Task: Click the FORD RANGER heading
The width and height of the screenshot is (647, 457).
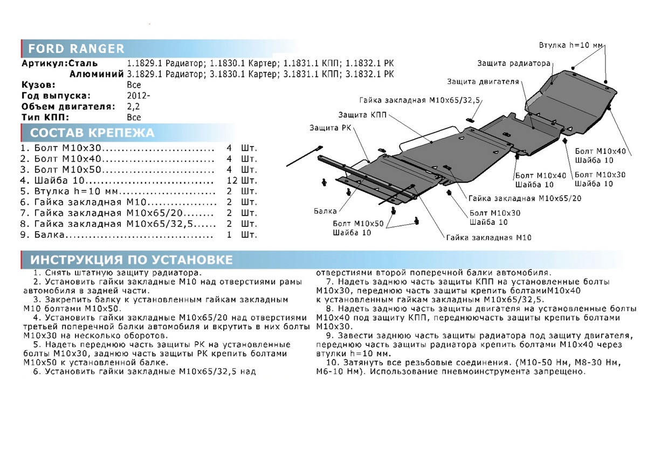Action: tap(76, 49)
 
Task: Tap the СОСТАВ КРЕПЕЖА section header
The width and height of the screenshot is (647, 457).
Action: tap(92, 133)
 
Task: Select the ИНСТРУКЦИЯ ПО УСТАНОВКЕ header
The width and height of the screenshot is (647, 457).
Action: tap(132, 260)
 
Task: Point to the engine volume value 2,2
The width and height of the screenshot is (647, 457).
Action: tap(133, 106)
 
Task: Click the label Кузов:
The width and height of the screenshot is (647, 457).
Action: tap(38, 85)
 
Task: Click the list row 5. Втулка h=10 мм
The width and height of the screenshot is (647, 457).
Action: tap(116, 191)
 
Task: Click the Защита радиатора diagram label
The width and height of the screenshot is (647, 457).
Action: tap(513, 64)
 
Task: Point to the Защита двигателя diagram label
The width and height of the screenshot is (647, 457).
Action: tap(483, 82)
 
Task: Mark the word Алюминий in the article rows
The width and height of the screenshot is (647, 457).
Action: tap(92, 74)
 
